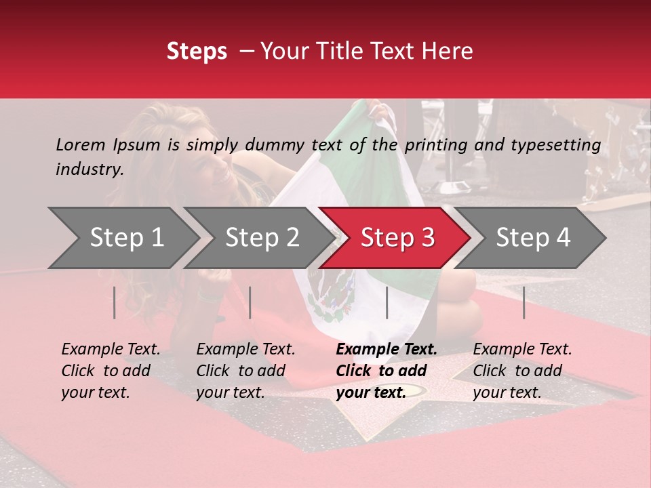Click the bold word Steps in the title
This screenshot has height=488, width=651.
click(197, 52)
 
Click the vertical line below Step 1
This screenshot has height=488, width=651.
click(115, 302)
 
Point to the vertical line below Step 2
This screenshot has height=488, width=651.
click(250, 302)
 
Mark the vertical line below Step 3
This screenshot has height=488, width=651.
click(387, 302)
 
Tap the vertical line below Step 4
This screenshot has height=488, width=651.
click(524, 302)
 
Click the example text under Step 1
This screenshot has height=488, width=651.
click(111, 371)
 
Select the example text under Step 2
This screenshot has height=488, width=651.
click(245, 371)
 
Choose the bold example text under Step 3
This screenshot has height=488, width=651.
click(386, 371)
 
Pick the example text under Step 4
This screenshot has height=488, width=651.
click(522, 371)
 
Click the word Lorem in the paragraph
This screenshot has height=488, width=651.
click(81, 144)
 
